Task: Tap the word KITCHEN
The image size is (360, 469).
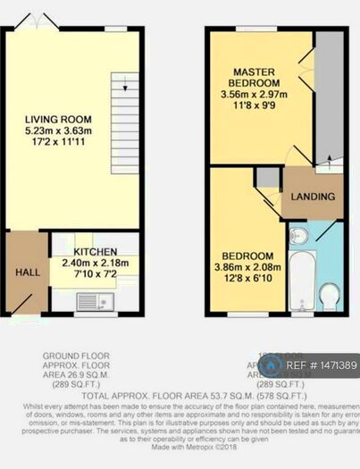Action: pyautogui.click(x=95, y=252)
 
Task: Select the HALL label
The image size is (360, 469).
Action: pyautogui.click(x=26, y=271)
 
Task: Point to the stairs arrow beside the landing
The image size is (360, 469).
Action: pyautogui.click(x=330, y=160)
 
